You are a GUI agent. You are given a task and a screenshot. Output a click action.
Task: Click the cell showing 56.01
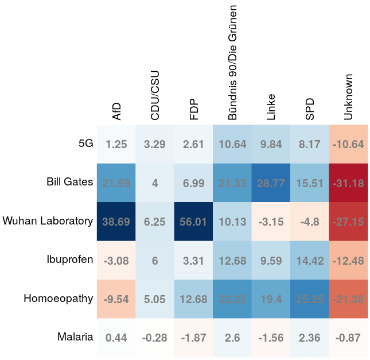pos(193,221)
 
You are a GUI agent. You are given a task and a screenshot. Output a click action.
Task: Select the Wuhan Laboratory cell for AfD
pos(116,221)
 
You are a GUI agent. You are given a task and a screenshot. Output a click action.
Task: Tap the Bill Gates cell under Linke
pos(271,183)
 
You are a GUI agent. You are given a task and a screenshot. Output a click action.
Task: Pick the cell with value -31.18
pos(348,183)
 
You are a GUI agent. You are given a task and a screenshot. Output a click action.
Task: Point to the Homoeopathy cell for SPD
pos(310,299)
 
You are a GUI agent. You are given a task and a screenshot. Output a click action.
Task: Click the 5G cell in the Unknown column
pos(348,144)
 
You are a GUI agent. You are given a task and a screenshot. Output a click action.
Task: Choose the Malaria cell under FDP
pos(193,337)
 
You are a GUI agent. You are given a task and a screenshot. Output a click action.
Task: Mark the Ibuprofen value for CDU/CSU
pos(155,260)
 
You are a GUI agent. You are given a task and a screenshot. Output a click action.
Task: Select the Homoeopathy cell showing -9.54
pos(116,299)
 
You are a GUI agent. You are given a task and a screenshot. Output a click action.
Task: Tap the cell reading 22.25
pos(232,299)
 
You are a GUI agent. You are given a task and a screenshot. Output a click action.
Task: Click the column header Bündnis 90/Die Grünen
pos(232,60)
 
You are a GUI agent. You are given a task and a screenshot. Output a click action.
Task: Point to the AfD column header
pos(116,111)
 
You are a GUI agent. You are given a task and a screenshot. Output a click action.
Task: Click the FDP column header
pos(194,109)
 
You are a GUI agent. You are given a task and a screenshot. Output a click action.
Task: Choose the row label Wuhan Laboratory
pos(48,221)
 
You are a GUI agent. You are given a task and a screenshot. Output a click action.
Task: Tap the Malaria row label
pos(75,337)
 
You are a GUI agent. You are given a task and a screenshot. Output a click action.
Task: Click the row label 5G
pos(85,144)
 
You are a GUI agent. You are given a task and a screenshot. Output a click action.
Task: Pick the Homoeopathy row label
pos(58,299)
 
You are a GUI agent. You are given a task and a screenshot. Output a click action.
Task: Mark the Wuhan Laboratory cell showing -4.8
pos(310,221)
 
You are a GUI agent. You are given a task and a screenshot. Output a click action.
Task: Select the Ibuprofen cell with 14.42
pos(310,260)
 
